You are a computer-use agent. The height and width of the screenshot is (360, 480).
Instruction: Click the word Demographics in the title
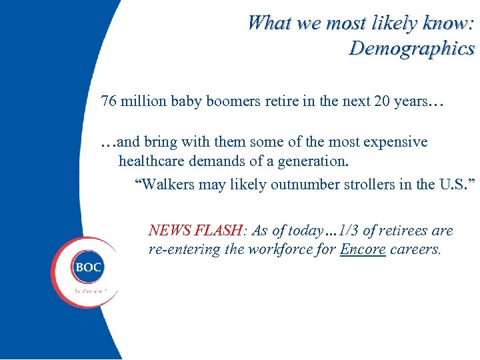411,48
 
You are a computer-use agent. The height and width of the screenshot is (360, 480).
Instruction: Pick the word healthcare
151,161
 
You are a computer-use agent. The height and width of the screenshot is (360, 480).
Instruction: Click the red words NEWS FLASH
196,231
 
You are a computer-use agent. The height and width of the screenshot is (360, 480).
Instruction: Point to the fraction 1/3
348,231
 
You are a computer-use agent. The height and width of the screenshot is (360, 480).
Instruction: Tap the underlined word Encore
363,250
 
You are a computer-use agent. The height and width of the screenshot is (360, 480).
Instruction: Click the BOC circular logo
88,269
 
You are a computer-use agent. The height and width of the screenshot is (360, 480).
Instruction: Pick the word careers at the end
416,250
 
